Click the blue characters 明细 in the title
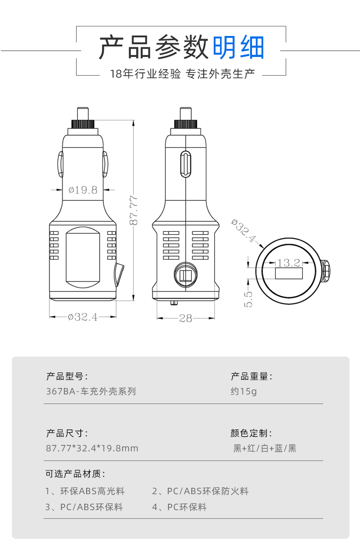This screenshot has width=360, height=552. point(238,47)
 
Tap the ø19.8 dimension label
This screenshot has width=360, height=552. point(83,190)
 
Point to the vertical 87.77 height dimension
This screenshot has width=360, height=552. point(134,210)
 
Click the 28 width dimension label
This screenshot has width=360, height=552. point(185,318)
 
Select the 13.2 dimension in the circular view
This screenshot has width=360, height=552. point(289,263)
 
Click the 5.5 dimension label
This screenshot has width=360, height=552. point(248,299)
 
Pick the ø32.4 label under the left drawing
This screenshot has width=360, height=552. point(83,317)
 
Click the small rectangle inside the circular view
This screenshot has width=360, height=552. point(289,274)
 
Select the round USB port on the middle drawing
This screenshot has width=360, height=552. point(185,275)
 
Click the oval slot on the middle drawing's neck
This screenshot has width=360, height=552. point(185,164)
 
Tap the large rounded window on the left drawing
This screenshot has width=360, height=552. point(83,257)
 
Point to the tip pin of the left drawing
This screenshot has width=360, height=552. point(83,113)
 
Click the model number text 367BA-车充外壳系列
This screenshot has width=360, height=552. point(91,391)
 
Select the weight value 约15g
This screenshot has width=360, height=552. point(244,391)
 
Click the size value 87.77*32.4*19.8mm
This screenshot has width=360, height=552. point(92,448)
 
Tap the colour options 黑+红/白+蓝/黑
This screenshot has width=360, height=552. point(265,448)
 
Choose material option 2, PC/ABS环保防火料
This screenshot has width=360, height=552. point(200,491)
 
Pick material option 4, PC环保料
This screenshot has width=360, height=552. point(179,507)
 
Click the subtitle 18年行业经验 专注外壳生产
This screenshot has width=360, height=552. point(182,74)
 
